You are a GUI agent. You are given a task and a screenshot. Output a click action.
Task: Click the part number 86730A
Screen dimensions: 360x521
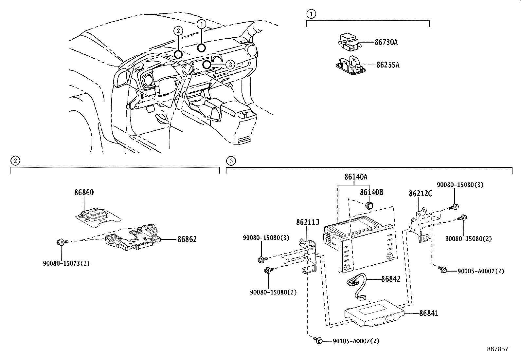pyautogui.click(x=386, y=42)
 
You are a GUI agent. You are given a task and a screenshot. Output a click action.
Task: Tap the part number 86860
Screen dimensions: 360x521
pyautogui.click(x=84, y=193)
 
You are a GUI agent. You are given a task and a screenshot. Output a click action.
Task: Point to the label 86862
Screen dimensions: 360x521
pyautogui.click(x=187, y=239)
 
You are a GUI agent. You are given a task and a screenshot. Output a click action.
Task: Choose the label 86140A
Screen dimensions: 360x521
pyautogui.click(x=356, y=177)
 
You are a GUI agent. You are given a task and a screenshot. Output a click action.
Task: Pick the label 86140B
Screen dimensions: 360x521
pyautogui.click(x=371, y=192)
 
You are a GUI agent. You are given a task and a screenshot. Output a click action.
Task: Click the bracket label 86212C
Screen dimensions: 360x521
pyautogui.click(x=420, y=194)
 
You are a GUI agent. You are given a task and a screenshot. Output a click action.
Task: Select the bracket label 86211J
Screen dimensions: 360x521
pyautogui.click(x=307, y=222)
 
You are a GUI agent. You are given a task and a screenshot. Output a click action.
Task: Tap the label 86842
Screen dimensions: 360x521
pyautogui.click(x=391, y=279)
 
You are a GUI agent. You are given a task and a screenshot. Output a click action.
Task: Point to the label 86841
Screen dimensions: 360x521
pyautogui.click(x=429, y=313)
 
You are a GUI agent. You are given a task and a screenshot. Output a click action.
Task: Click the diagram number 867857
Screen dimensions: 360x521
pyautogui.click(x=498, y=349)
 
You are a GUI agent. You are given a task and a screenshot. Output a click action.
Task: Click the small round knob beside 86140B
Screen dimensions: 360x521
pyautogui.click(x=369, y=205)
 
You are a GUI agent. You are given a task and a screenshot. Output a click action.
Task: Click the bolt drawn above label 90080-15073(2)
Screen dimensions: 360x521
pyautogui.click(x=61, y=242)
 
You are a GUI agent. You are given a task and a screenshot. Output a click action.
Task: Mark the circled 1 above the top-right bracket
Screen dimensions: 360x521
pyautogui.click(x=311, y=14)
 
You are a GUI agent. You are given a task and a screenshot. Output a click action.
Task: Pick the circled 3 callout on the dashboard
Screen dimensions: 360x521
pyautogui.click(x=230, y=64)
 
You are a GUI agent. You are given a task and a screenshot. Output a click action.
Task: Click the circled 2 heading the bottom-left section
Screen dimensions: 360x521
pyautogui.click(x=15, y=161)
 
